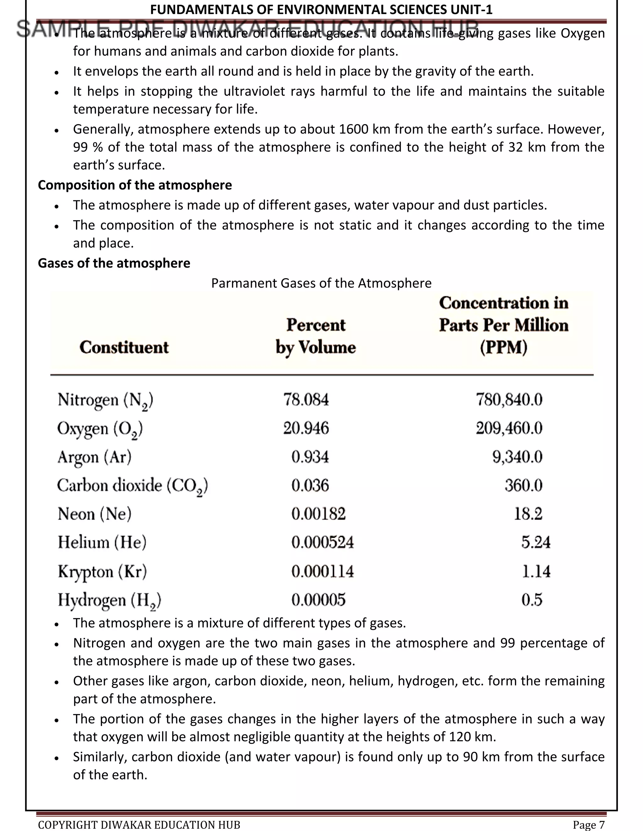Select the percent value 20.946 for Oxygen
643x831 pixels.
point(306,428)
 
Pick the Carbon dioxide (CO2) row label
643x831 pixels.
point(132,486)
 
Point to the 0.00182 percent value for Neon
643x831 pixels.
point(318,514)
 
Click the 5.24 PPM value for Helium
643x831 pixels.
point(536,542)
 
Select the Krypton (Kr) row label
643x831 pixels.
point(102,571)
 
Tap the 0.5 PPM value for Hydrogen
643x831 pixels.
point(532,600)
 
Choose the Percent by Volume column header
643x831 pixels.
point(316,336)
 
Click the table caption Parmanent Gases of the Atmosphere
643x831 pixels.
point(321,283)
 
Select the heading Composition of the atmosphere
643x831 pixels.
point(135,185)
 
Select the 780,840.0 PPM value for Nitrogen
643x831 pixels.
point(509,400)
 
